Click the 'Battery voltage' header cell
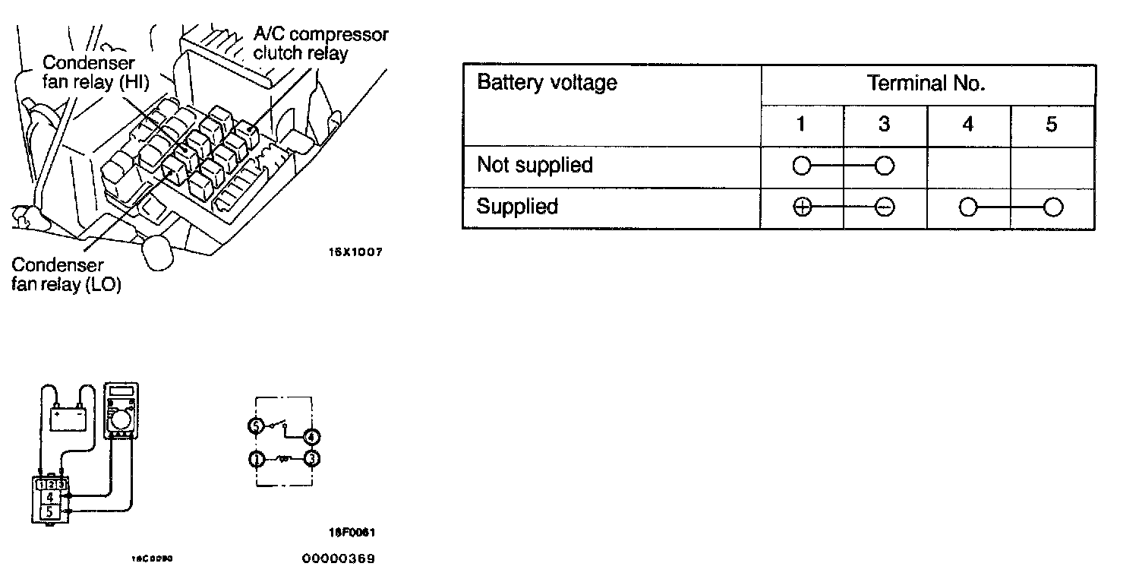[547, 83]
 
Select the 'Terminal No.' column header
[926, 84]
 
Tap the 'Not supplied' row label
[535, 165]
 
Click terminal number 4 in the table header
[967, 125]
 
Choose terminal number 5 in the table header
[1051, 125]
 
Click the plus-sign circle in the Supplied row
[802, 207]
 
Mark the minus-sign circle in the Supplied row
[884, 207]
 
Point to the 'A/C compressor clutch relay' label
[320, 44]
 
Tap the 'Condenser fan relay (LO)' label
[67, 275]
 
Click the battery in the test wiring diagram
[67, 417]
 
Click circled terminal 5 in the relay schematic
[257, 427]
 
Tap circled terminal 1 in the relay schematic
[257, 459]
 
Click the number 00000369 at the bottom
[338, 559]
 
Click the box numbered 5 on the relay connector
[49, 512]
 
